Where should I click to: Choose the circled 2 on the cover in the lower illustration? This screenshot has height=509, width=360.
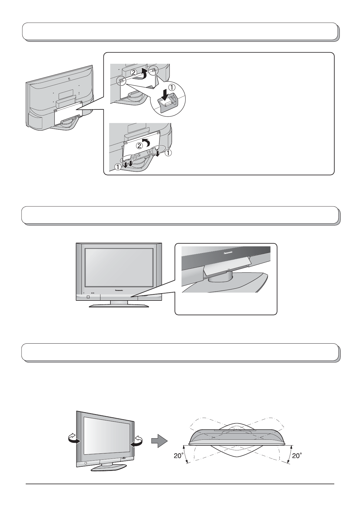[139, 146]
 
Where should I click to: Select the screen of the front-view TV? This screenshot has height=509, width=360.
[119, 267]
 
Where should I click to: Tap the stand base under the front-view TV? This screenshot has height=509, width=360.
[119, 306]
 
